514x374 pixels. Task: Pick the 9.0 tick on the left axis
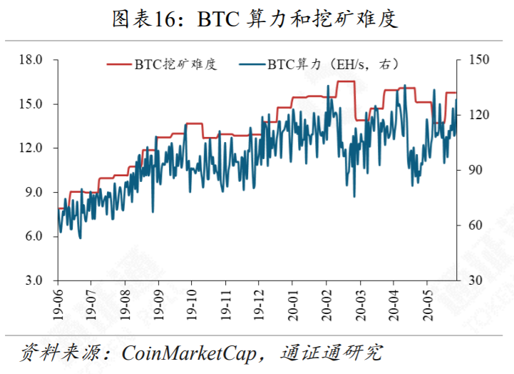click(x=34, y=193)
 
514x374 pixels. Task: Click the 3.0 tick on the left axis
click(x=34, y=280)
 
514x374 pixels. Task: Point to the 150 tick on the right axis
click(x=478, y=60)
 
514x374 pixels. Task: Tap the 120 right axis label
click(x=478, y=115)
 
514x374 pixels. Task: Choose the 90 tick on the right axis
click(x=476, y=171)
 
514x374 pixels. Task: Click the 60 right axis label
click(x=476, y=226)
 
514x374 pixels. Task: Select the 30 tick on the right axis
click(x=476, y=280)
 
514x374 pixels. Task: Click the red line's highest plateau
click(x=346, y=82)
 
